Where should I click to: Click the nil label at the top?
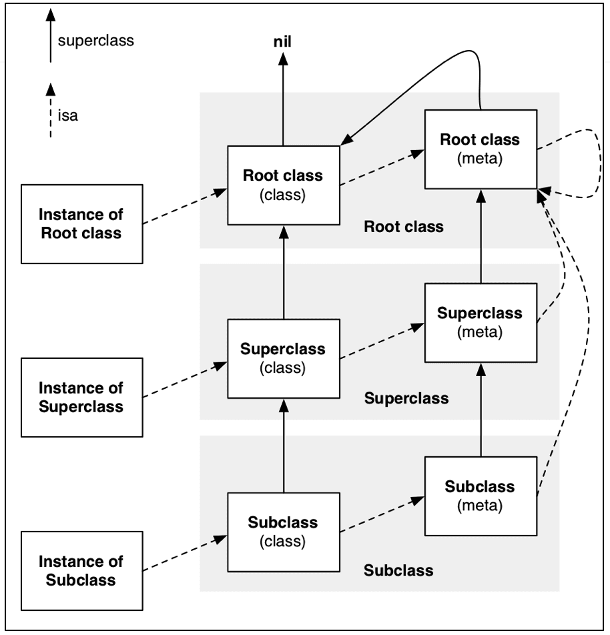(x=283, y=43)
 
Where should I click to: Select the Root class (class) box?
(x=283, y=184)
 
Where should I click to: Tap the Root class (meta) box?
(x=480, y=148)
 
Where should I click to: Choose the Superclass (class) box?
(x=283, y=358)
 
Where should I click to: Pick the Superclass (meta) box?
(x=480, y=322)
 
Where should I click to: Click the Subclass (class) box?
(x=283, y=531)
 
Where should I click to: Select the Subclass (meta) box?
(x=480, y=495)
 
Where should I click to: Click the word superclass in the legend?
(x=96, y=41)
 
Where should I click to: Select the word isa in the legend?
(x=68, y=116)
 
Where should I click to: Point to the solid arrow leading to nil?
(x=283, y=100)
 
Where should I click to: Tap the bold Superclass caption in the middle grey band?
(x=406, y=399)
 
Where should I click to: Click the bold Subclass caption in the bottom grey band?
(x=398, y=570)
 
